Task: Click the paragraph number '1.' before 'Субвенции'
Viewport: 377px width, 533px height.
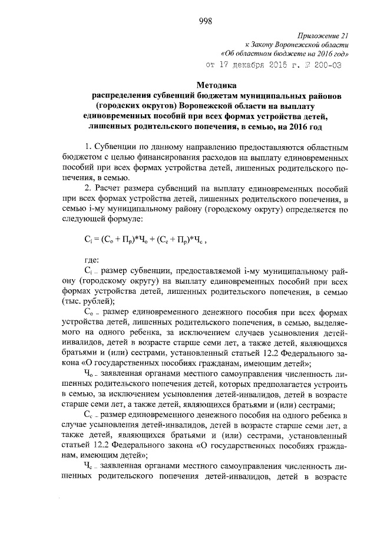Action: pos(87,145)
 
